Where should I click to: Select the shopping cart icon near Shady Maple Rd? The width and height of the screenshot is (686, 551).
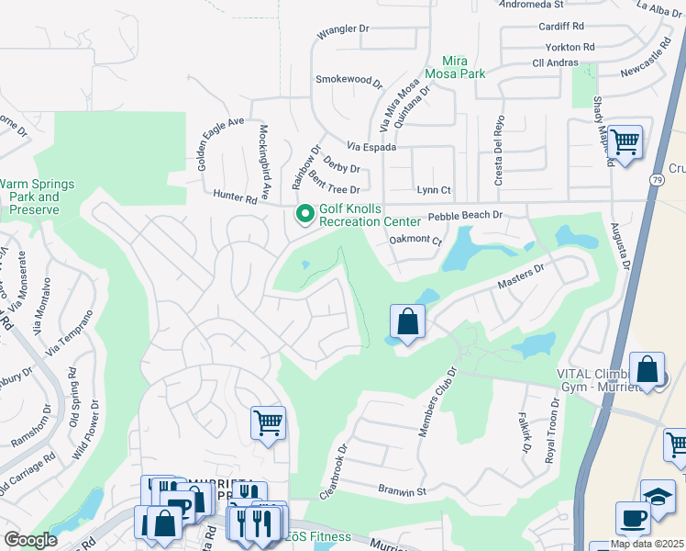625,143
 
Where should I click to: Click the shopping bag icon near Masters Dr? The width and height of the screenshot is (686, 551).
407,322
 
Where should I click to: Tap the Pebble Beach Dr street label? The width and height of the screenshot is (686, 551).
466,215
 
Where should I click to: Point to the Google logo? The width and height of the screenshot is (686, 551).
31,539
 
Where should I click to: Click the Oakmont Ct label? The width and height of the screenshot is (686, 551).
415,242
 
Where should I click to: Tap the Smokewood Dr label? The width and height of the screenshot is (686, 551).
348,81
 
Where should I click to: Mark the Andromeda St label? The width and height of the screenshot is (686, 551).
530,5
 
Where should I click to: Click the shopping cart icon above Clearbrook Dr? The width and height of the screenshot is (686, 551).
268,423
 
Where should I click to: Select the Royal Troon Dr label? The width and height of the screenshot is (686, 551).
552,431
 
